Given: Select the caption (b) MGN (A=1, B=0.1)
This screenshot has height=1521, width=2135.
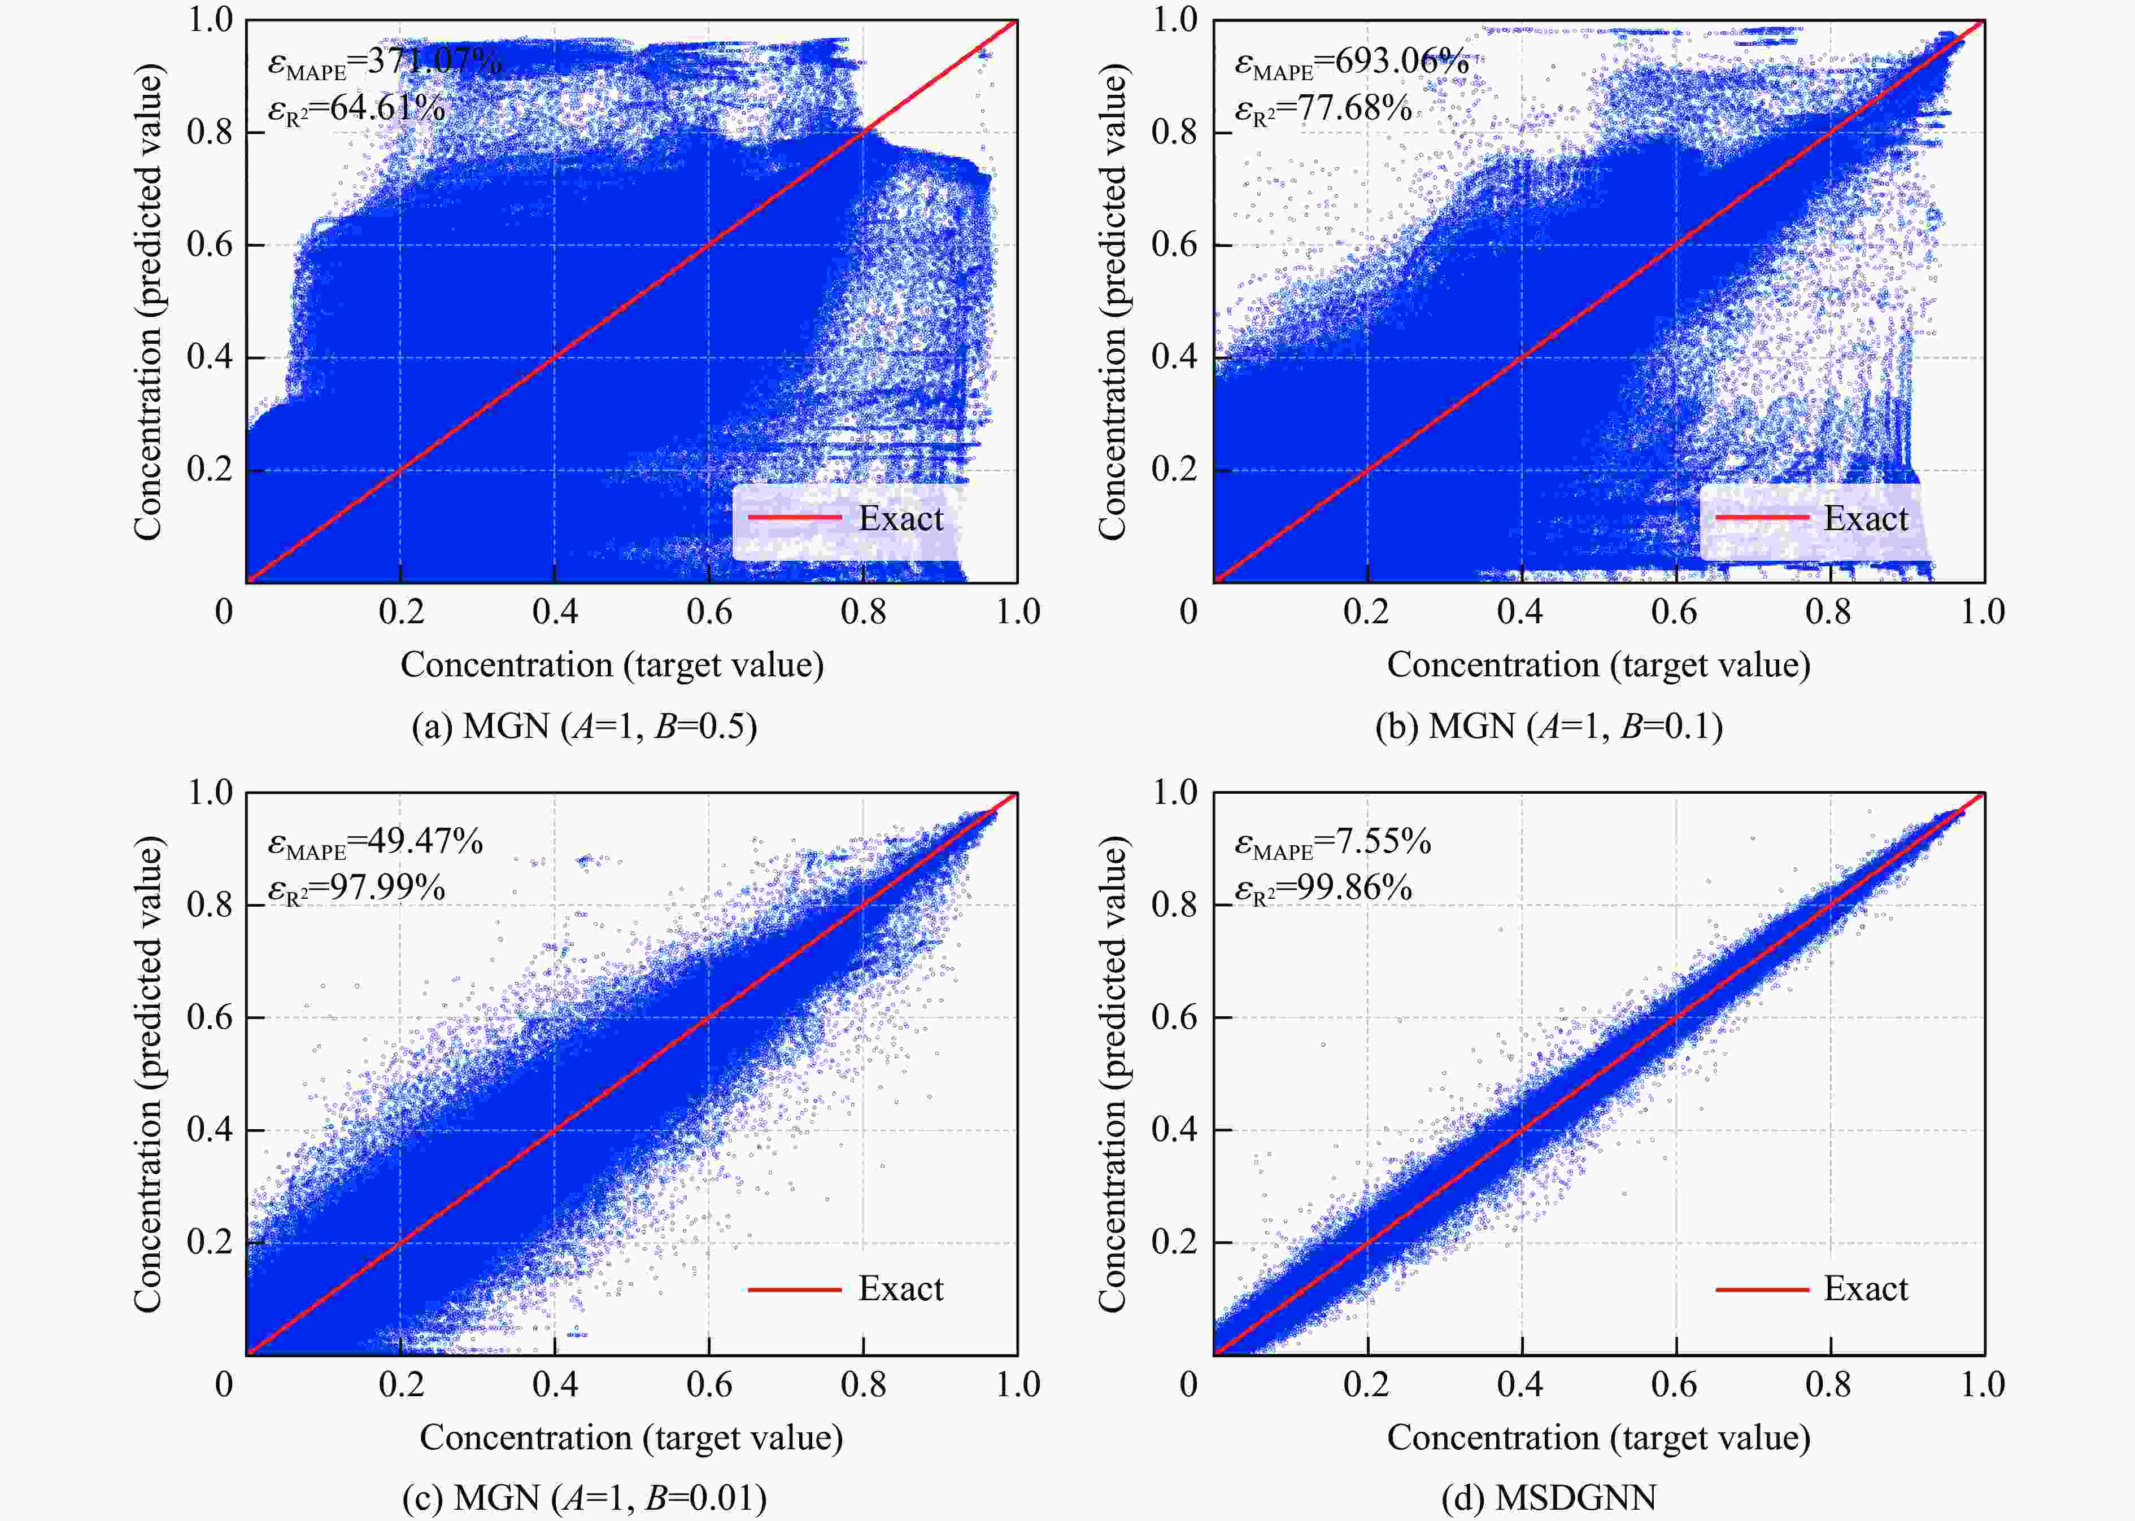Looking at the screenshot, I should (x=1549, y=727).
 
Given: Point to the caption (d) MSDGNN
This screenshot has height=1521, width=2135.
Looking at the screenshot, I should (x=1549, y=1498).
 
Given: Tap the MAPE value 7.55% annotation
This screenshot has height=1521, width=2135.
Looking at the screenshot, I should (x=1333, y=842).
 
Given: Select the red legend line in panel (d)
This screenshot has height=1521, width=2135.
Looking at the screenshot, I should (x=1761, y=1290).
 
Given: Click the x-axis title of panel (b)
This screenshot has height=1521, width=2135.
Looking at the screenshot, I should (x=1598, y=665).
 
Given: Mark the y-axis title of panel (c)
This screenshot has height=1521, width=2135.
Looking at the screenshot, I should (x=148, y=1075).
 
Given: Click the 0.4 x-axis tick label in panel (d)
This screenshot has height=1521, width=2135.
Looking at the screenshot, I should (x=1519, y=1385).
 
